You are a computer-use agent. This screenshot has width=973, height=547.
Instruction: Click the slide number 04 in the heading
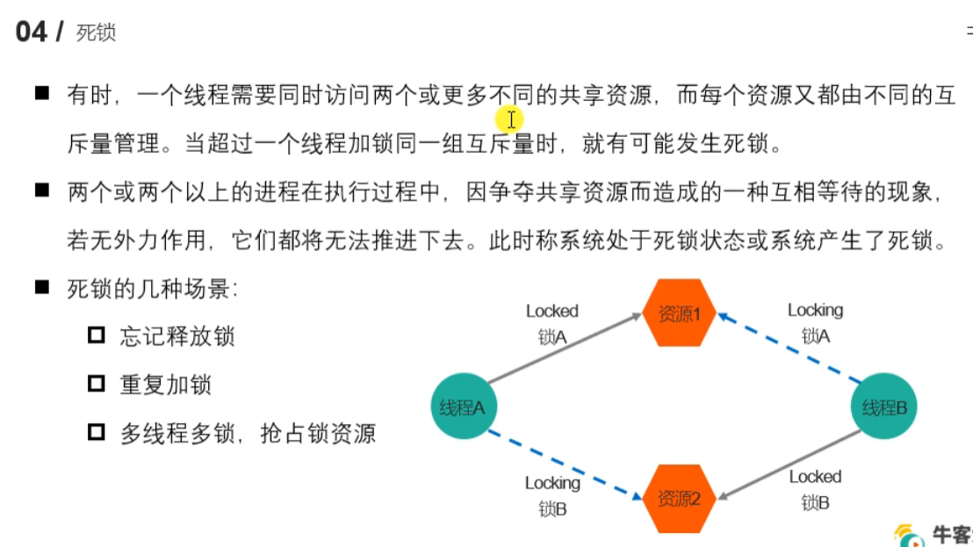click(32, 32)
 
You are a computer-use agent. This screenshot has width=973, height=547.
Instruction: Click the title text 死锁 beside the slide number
click(96, 33)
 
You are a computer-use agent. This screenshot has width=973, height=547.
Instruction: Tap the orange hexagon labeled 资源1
click(679, 313)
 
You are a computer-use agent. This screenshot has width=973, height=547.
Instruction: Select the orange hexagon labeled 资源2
click(679, 499)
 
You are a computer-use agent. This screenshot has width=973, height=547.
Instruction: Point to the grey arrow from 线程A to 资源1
click(565, 350)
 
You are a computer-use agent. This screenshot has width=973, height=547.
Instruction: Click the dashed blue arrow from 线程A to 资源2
click(562, 463)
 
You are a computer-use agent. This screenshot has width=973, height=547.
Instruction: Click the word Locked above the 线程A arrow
click(551, 311)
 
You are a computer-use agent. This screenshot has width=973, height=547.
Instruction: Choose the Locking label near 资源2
click(552, 483)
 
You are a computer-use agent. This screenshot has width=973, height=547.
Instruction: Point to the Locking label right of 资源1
click(814, 310)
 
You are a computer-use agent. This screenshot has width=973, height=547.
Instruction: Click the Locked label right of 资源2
click(814, 477)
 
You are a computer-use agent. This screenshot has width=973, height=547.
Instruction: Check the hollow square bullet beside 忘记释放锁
click(97, 335)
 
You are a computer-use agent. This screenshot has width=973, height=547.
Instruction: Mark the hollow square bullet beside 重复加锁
click(97, 384)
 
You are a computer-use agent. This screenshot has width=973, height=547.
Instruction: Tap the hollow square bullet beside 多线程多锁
click(97, 432)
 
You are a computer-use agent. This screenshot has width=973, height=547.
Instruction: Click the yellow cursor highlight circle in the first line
click(509, 119)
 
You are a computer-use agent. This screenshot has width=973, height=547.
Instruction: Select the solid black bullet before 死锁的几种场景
click(41, 287)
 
